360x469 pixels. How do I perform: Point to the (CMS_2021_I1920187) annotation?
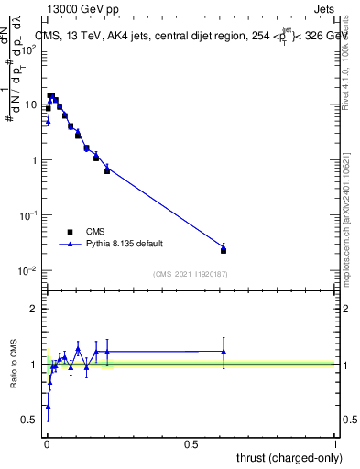pos(191,273)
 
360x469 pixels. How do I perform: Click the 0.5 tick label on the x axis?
pos(191,444)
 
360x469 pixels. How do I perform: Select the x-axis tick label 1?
pos(335,444)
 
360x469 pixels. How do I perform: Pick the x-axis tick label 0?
pos(46,444)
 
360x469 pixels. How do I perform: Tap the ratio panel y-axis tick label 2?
pos(35,309)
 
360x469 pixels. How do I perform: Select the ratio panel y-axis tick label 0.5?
pos(31,420)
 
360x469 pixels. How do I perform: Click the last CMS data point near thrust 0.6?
pos(224,250)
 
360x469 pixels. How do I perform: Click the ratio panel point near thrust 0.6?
pos(224,352)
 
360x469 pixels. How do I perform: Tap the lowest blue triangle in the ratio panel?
pos(48,405)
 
